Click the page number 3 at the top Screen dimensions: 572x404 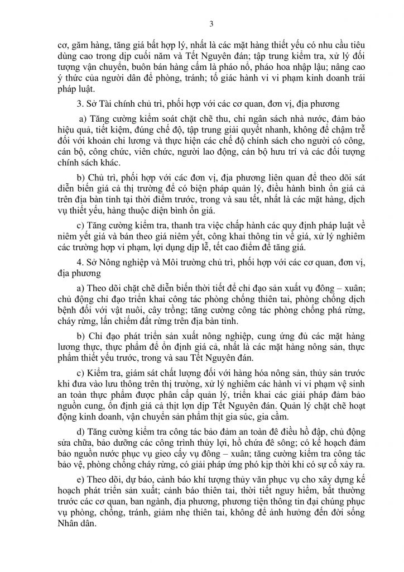coord(202,22)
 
